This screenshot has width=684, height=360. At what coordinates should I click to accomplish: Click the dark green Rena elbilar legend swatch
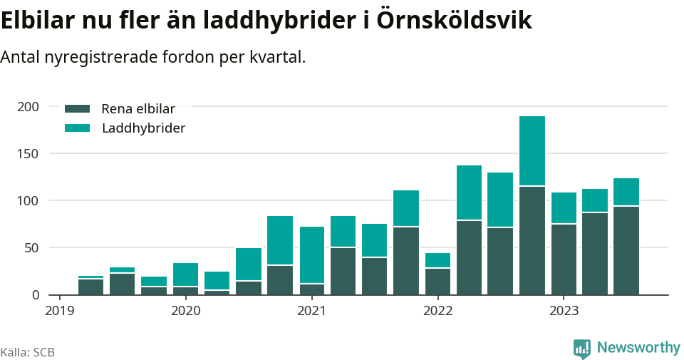click(x=77, y=109)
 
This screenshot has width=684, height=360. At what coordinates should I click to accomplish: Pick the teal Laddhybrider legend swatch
click(x=77, y=128)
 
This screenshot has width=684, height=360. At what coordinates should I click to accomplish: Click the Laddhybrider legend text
click(x=143, y=128)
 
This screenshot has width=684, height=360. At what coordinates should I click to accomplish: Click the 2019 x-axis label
click(x=60, y=311)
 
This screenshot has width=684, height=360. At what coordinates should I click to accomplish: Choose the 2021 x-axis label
click(x=311, y=311)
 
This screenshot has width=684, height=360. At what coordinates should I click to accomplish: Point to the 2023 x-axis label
click(x=563, y=311)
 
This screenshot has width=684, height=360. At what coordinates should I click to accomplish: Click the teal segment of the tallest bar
click(x=532, y=150)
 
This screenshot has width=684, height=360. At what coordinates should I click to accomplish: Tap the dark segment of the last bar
click(x=626, y=250)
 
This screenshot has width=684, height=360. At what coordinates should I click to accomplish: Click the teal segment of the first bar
click(x=90, y=277)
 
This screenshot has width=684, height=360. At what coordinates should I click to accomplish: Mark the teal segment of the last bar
click(x=626, y=192)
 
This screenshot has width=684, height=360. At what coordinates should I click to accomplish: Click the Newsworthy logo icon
click(x=582, y=348)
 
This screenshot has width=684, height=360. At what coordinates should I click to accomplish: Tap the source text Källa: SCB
click(x=28, y=352)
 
